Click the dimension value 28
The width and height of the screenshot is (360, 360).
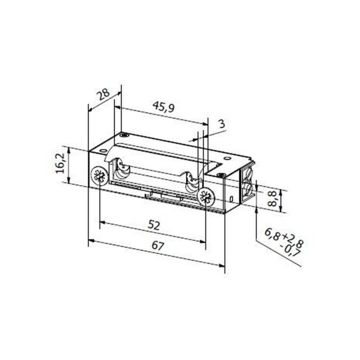[103, 96]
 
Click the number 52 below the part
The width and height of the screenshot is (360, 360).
[154, 226]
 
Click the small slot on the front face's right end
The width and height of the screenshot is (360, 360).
[230, 199]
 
